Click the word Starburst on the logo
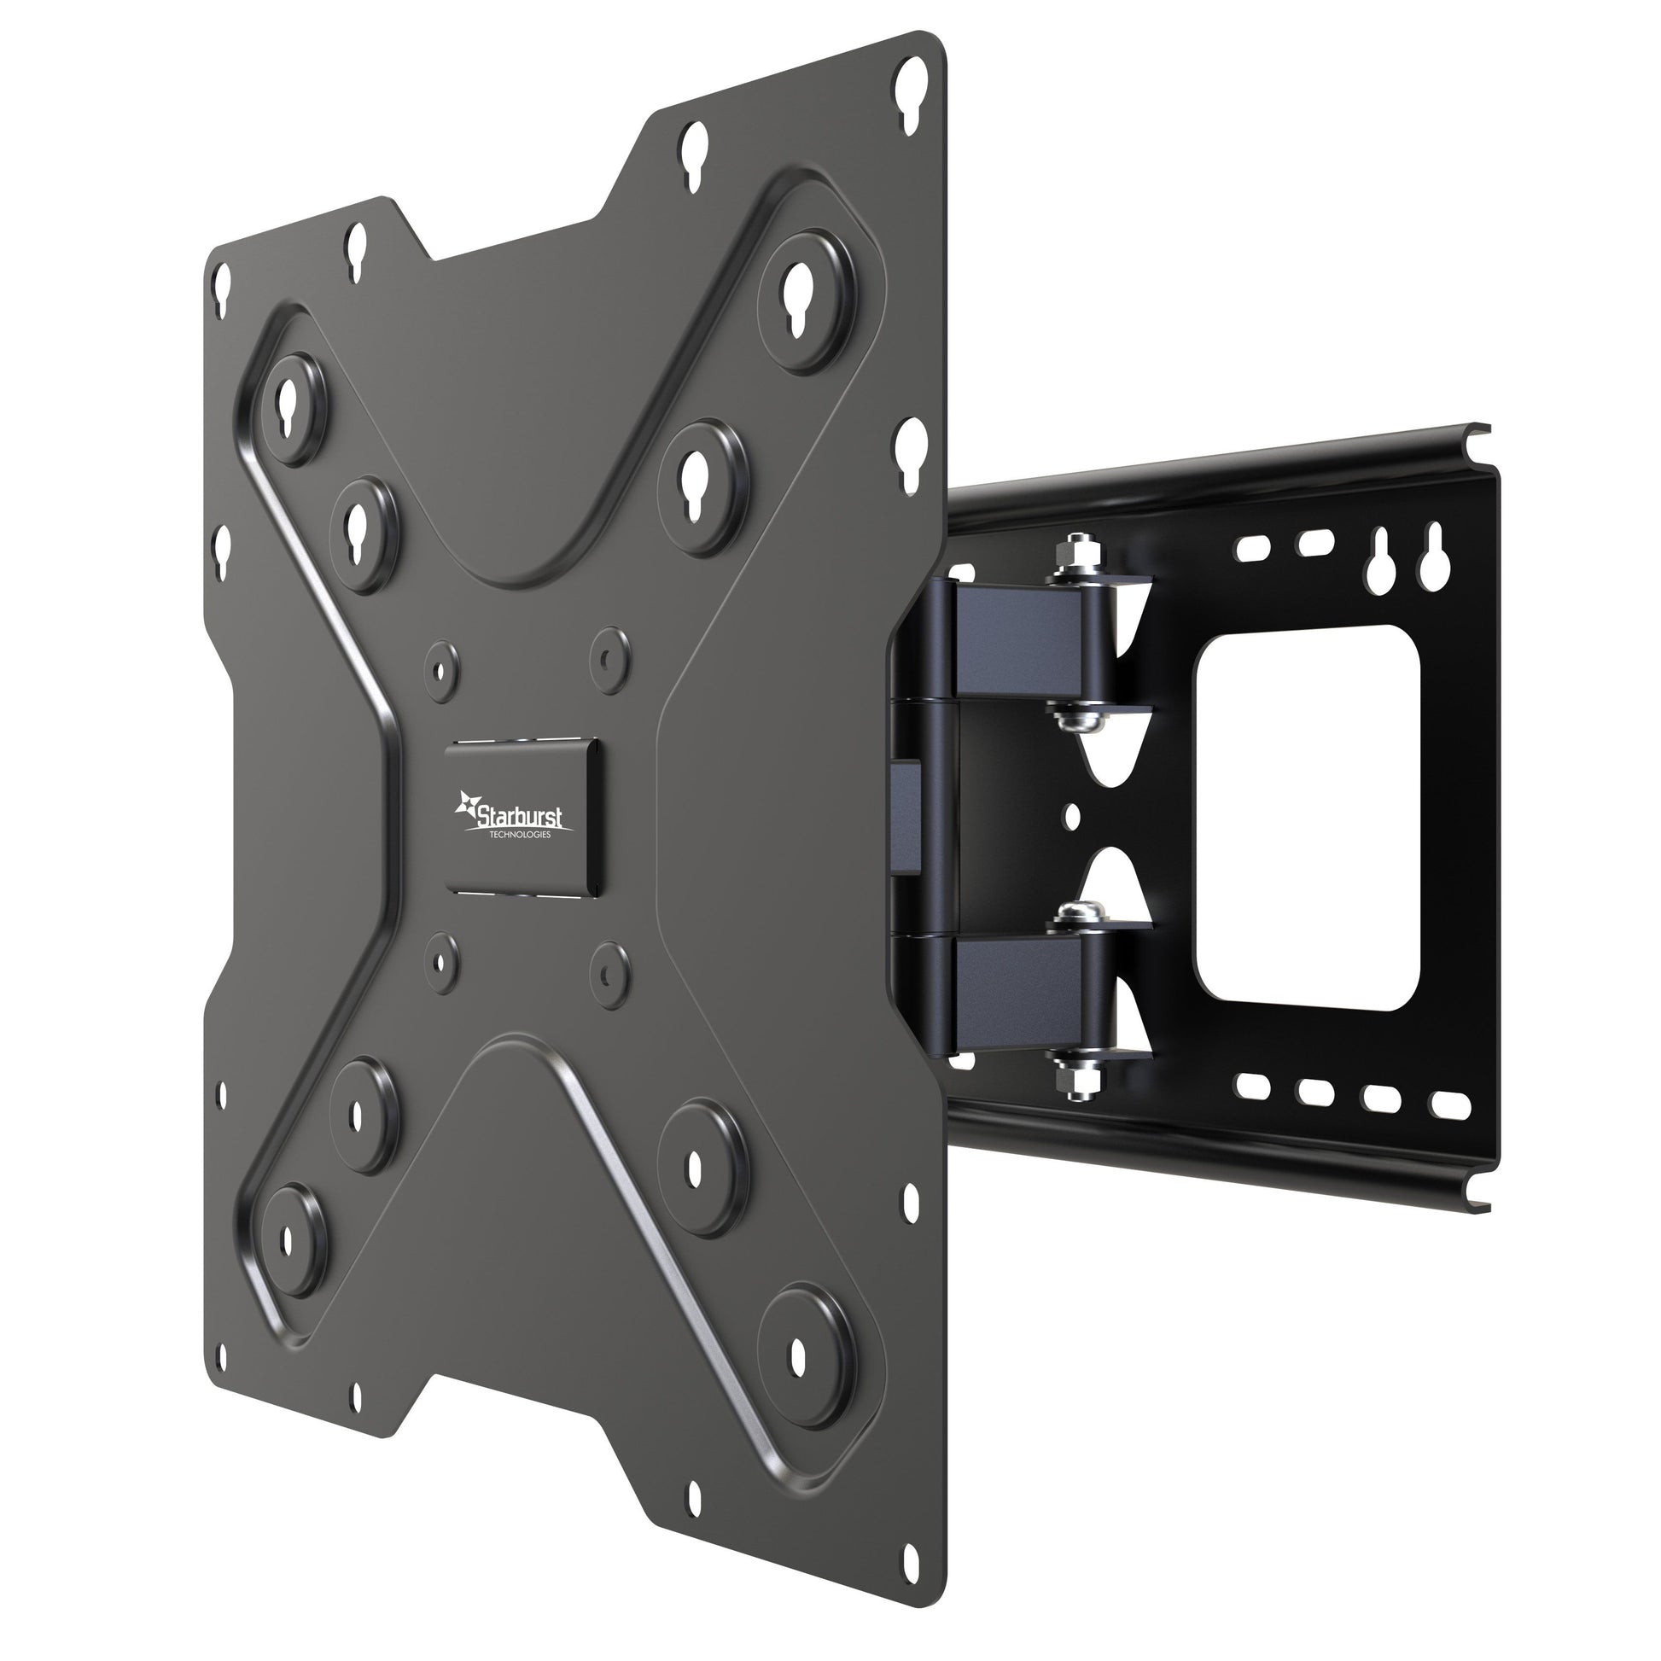click(522, 814)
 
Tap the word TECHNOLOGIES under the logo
click(520, 834)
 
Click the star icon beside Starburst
click(469, 805)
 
